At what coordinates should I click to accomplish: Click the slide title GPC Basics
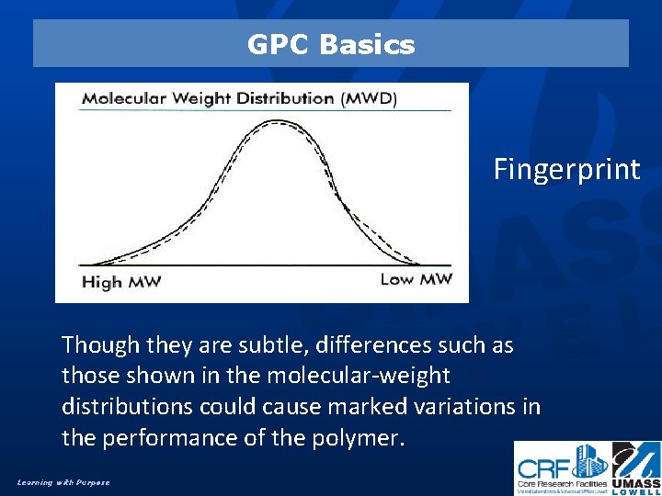(x=331, y=44)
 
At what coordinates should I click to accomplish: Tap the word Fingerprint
(x=566, y=170)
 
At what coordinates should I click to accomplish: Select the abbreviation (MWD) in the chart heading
(x=370, y=98)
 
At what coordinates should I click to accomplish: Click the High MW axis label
(x=121, y=282)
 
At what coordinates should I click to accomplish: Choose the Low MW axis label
(x=416, y=279)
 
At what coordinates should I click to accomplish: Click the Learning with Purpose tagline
(x=63, y=482)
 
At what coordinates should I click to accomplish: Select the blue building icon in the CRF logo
(x=589, y=458)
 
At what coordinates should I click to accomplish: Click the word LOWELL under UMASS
(x=637, y=490)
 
